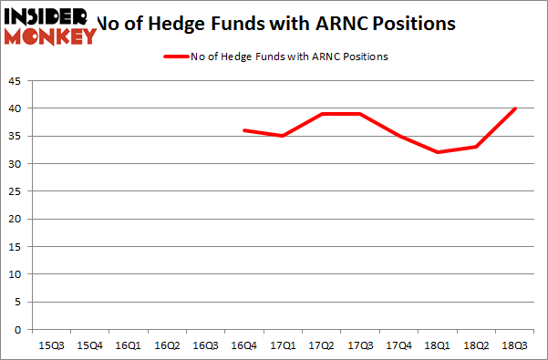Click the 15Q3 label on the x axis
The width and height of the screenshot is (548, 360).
click(x=52, y=345)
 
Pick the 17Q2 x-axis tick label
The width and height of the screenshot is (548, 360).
click(x=322, y=345)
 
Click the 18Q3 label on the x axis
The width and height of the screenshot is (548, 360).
click(x=513, y=345)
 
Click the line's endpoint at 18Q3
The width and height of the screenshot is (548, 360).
click(x=514, y=108)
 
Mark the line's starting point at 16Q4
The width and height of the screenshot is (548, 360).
click(x=244, y=130)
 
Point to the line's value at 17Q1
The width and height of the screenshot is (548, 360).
click(x=283, y=136)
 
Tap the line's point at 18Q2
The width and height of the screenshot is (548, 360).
click(x=475, y=147)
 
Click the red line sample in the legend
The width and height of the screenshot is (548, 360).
click(x=176, y=57)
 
